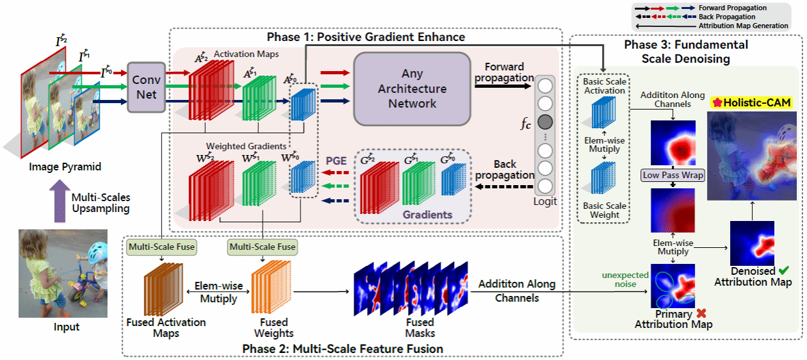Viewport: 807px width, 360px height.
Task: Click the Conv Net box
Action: [x=146, y=86]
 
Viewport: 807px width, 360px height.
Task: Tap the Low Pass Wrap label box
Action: [x=672, y=175]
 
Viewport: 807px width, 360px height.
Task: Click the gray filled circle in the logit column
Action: [x=545, y=121]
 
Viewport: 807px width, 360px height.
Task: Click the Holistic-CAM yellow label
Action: [x=751, y=102]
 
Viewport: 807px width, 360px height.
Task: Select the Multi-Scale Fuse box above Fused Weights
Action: [x=263, y=246]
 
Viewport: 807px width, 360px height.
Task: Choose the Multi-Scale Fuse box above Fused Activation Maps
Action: [x=161, y=246]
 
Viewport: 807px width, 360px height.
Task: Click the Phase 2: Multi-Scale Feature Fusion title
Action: [x=343, y=348]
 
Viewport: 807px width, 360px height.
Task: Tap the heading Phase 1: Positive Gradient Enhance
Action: [x=366, y=37]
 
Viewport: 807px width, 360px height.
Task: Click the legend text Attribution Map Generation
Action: [x=745, y=26]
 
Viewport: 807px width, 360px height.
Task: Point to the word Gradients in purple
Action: [x=428, y=215]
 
